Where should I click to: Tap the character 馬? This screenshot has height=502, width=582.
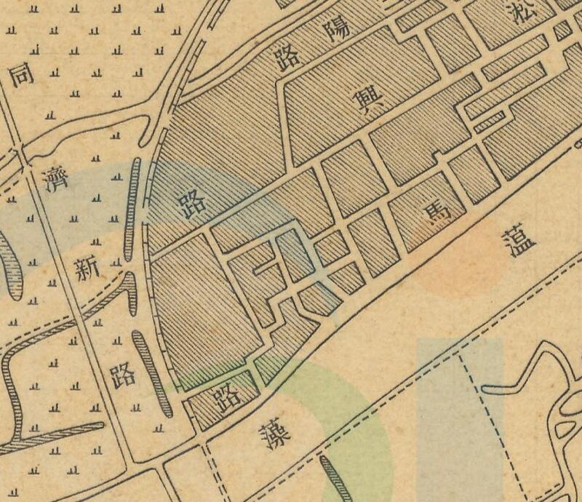pos(436,210)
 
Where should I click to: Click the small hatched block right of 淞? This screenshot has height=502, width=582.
pos(561,31)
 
